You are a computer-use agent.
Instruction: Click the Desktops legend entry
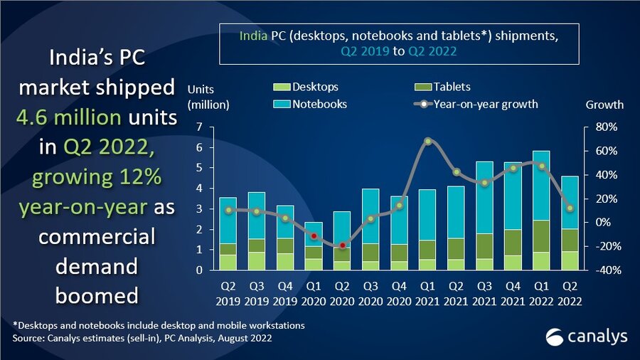pyautogui.click(x=306, y=87)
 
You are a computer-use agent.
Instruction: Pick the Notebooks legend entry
pyautogui.click(x=311, y=104)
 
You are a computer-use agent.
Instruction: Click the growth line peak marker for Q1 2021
pyautogui.click(x=428, y=141)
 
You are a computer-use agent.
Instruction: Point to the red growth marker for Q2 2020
pyautogui.click(x=343, y=245)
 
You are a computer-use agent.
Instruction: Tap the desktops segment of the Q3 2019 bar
pyautogui.click(x=257, y=261)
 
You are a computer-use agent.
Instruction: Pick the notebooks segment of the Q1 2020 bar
pyautogui.click(x=314, y=235)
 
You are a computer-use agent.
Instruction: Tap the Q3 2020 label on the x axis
pyautogui.click(x=371, y=293)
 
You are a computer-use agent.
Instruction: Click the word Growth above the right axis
pyautogui.click(x=604, y=105)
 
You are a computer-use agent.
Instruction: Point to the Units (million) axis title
pyautogui.click(x=207, y=97)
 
